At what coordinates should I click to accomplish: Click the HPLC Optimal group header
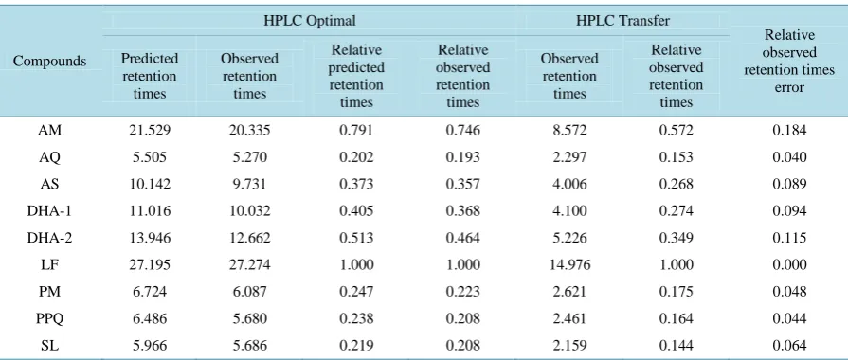click(309, 21)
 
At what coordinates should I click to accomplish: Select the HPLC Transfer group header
click(622, 21)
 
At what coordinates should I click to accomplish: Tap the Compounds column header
click(50, 61)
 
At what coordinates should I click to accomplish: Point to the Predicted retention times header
click(150, 76)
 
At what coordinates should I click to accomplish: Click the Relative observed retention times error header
click(789, 61)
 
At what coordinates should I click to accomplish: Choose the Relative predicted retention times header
click(356, 76)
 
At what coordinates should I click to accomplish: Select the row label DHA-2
click(50, 238)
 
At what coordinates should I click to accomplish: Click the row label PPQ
click(50, 319)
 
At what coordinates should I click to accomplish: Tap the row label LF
click(50, 265)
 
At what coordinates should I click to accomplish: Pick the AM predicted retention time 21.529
click(150, 131)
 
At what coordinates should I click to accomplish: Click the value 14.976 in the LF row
click(569, 265)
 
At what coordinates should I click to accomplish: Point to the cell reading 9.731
click(249, 184)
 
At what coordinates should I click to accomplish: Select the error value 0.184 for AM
click(789, 131)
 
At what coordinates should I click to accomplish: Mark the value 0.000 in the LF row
click(789, 265)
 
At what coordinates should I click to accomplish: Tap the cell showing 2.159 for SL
click(569, 346)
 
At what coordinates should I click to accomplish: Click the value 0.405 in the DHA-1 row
click(356, 211)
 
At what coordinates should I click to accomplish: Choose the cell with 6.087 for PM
click(249, 292)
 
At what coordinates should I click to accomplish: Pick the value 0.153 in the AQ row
click(676, 157)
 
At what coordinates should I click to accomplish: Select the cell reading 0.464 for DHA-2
click(463, 238)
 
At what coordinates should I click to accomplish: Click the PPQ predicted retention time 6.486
click(150, 319)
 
